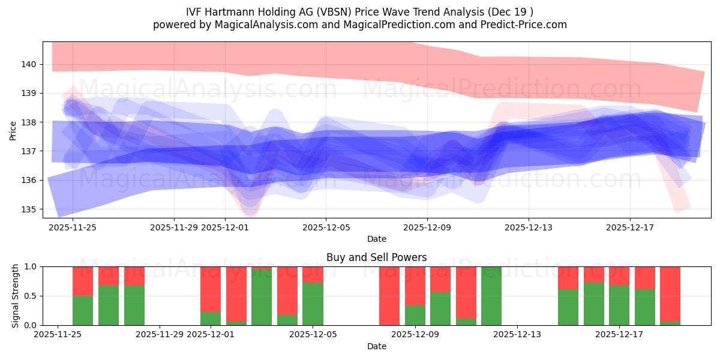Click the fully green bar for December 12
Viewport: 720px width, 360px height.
[491, 296]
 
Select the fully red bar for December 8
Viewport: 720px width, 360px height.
[389, 296]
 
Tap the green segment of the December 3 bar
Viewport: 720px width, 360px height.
[261, 298]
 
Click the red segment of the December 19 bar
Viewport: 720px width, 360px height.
[670, 293]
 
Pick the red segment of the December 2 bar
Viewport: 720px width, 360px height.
[236, 293]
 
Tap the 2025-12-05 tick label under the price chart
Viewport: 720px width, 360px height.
[326, 227]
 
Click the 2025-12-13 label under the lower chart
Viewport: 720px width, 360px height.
[517, 335]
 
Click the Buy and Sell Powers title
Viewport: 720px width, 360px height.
[376, 257]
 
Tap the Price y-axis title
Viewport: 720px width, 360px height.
[13, 130]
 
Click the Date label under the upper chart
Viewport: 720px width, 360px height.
[376, 239]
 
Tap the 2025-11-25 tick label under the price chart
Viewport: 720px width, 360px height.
[73, 227]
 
